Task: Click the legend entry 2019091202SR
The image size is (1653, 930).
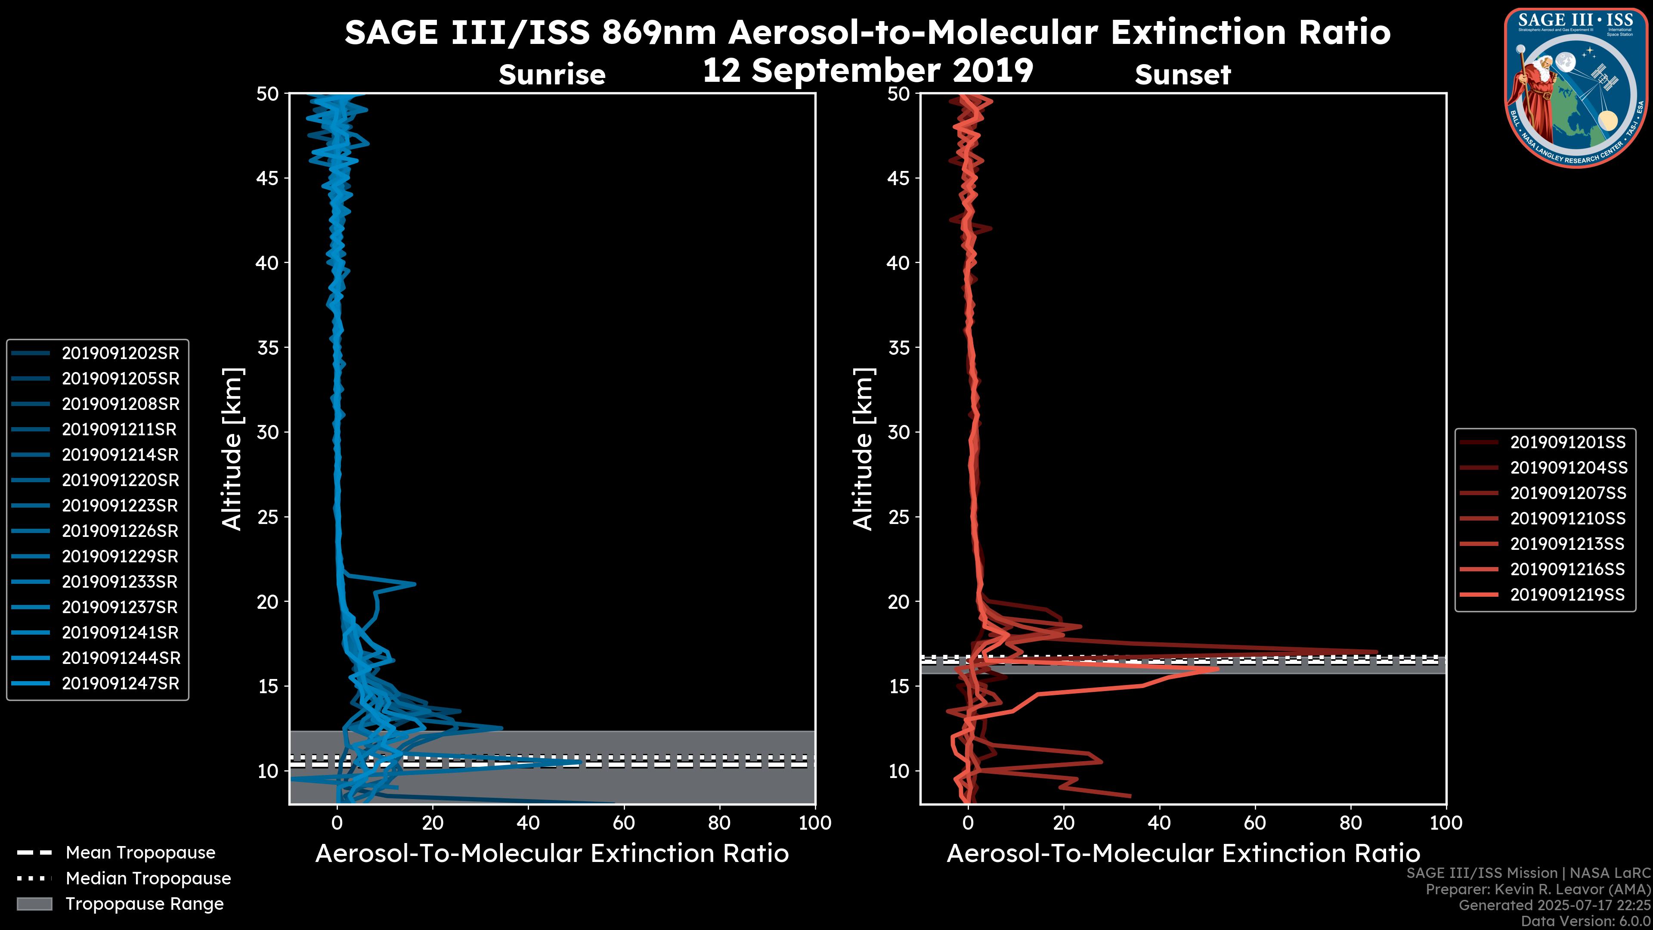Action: tap(120, 353)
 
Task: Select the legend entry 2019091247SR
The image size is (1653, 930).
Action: tap(120, 684)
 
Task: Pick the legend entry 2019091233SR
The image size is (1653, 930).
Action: tap(120, 582)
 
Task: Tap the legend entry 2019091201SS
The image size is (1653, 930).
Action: tap(1568, 442)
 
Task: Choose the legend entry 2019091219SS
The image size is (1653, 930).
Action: tap(1568, 595)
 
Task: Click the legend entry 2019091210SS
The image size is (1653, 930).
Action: tap(1568, 518)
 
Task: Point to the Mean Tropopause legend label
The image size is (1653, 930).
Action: tap(140, 853)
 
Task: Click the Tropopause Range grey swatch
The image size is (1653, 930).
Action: tap(34, 904)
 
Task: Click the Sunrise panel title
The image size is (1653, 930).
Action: tap(552, 74)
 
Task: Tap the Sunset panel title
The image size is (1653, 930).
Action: tap(1182, 74)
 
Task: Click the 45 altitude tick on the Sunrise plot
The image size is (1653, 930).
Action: tap(268, 178)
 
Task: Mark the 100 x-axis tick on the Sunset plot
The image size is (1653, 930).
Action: tap(1446, 823)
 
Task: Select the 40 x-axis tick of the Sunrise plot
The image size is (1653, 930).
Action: tap(528, 823)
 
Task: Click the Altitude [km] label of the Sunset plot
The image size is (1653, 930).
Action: tap(863, 449)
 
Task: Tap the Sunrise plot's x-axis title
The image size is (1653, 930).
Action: tap(552, 854)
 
